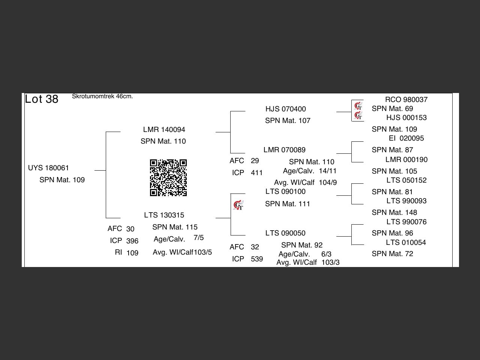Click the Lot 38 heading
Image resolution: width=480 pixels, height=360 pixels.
pos(42,99)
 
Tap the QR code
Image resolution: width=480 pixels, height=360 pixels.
pos(168,178)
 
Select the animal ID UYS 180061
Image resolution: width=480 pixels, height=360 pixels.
pos(48,168)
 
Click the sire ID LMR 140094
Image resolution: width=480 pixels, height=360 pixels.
pos(164,130)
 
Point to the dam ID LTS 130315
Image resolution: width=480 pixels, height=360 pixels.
pos(164,215)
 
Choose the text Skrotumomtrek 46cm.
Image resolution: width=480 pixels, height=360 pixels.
pos(102,96)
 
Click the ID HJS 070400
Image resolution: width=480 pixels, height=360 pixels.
pos(285,109)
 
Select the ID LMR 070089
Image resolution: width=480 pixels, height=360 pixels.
pos(284,150)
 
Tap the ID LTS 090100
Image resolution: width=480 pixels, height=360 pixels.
pos(285,192)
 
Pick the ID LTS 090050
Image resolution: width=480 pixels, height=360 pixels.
pos(285,233)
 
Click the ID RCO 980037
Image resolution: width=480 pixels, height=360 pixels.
pos(406,100)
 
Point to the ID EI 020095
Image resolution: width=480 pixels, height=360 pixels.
pos(406,138)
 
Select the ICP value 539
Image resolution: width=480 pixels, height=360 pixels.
pos(257,259)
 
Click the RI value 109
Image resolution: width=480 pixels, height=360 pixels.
pos(132,253)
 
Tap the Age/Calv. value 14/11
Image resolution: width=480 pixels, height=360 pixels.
pos(328,171)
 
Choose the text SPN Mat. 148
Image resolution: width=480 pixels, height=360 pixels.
pos(394,213)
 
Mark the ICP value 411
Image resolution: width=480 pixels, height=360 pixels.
pos(257,173)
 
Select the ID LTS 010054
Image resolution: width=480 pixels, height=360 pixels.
pos(406,243)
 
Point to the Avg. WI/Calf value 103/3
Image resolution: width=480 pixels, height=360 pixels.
pos(330,262)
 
